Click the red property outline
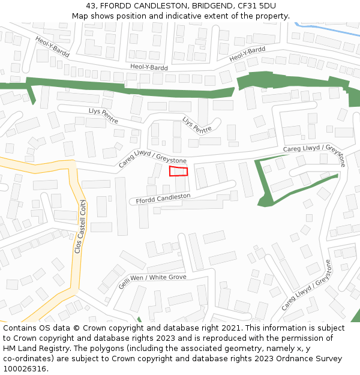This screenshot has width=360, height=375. (x=178, y=171)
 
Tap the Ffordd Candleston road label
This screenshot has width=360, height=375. (x=163, y=199)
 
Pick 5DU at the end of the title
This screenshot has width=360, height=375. (x=268, y=6)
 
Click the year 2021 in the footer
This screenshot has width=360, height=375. (x=231, y=328)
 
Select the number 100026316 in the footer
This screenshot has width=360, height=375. (x=25, y=369)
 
